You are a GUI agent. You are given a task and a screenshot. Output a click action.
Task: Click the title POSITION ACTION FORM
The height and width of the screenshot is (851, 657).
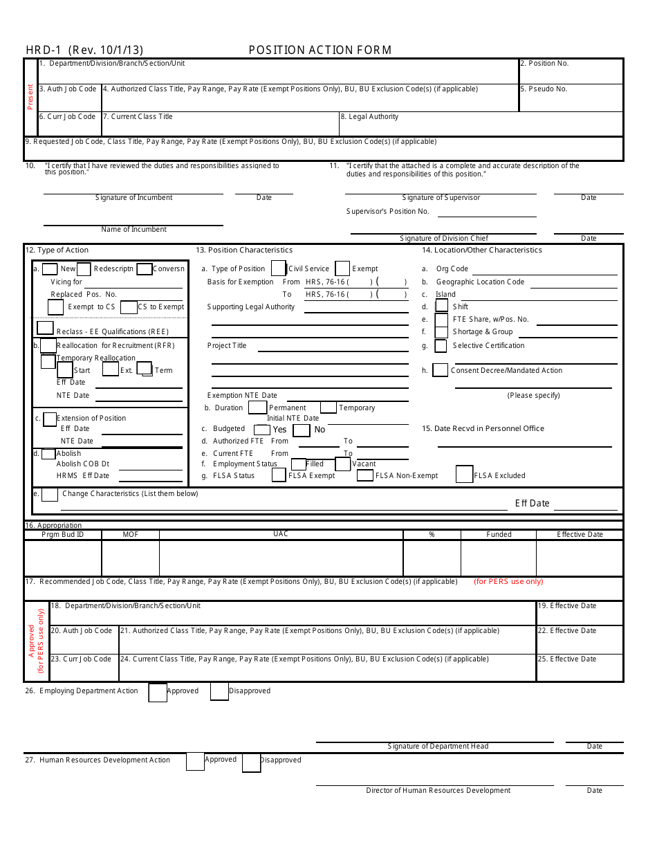[320, 50]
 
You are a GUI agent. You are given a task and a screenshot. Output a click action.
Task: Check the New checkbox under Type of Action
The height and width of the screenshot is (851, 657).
[50, 269]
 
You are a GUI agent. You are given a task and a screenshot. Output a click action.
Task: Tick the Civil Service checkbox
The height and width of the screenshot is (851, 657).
[279, 268]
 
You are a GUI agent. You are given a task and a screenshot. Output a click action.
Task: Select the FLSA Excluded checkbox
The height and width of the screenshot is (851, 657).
[464, 475]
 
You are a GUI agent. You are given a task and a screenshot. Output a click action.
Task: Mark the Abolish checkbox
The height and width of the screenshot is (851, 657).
[48, 454]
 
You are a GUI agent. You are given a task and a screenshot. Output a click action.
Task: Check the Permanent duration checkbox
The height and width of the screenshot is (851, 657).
[257, 408]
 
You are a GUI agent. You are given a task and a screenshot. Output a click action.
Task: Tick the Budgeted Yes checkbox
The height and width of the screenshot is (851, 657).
[262, 430]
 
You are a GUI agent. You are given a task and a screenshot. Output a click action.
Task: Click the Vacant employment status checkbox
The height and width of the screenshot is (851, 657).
[343, 464]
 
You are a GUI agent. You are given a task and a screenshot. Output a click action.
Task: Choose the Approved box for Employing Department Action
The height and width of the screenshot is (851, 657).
[158, 692]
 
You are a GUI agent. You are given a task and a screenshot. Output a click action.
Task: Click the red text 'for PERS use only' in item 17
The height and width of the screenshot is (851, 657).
[508, 582]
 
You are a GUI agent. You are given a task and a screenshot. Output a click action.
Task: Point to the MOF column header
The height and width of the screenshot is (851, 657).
[131, 535]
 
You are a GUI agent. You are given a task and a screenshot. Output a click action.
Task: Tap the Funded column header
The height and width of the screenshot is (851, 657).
[499, 535]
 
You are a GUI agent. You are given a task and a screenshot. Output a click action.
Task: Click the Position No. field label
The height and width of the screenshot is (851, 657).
[544, 64]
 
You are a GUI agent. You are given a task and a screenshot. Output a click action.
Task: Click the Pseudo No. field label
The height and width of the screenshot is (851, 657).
[543, 89]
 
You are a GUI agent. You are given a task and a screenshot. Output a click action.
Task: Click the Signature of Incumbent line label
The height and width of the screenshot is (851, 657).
[133, 198]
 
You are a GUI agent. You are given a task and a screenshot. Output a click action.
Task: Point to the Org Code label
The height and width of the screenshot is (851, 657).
[452, 269]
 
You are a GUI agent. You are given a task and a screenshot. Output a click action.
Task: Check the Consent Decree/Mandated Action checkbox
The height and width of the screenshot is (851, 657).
[440, 370]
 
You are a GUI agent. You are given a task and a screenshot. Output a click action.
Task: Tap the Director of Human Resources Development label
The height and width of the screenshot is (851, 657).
[438, 791]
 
